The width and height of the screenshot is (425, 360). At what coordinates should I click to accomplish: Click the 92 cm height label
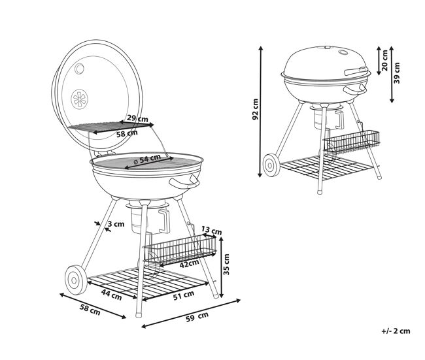tap(255, 109)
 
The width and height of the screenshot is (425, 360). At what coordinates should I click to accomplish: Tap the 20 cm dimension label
tap(384, 60)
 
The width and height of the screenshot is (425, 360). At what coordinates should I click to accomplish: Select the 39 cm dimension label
tap(397, 73)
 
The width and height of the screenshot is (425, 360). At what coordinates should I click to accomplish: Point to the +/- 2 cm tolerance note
tap(396, 331)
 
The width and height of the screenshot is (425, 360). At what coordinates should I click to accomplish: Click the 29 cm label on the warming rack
tap(138, 118)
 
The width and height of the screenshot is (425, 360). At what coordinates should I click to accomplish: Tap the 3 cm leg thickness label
tap(116, 224)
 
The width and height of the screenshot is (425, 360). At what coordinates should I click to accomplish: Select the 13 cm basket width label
tap(211, 231)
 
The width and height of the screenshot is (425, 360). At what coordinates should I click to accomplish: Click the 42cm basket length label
tap(189, 263)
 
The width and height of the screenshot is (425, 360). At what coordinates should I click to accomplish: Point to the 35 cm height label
tap(226, 265)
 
